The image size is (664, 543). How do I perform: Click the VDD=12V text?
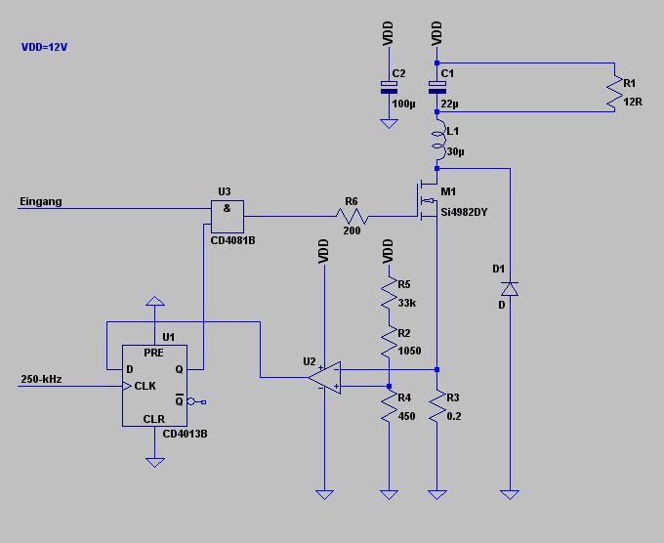coord(45,46)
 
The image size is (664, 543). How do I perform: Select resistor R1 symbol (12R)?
coord(615,89)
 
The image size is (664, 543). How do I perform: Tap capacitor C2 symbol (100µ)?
coord(388,88)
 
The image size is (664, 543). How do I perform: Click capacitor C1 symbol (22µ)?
coord(437,88)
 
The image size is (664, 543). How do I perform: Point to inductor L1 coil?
coord(437,142)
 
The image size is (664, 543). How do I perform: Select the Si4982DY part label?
coord(464,212)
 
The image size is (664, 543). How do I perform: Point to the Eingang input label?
coord(41,202)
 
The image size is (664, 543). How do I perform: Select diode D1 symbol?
coord(509,288)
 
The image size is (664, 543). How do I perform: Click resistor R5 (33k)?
coord(389,293)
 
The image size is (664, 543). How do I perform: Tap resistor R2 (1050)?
coord(389,342)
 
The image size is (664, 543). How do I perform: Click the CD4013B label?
coord(185,433)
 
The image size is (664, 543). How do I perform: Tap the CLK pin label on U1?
coord(145,386)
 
